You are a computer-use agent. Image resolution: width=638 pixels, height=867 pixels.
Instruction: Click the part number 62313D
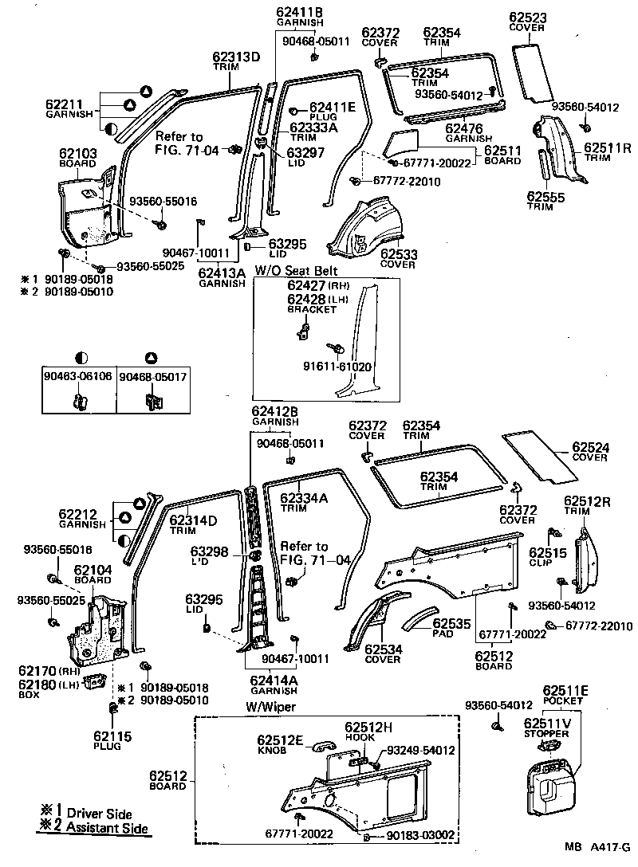point(236,57)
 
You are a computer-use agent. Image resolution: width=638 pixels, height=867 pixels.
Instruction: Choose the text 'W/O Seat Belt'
point(291,271)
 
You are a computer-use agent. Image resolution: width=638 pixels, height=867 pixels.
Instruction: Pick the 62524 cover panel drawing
point(541,457)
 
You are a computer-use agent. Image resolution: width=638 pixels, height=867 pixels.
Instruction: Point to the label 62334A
point(304,498)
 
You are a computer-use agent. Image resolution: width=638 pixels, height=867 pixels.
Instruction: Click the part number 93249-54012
point(420,750)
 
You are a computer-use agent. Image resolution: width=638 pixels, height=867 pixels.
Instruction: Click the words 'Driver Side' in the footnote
point(97,813)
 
